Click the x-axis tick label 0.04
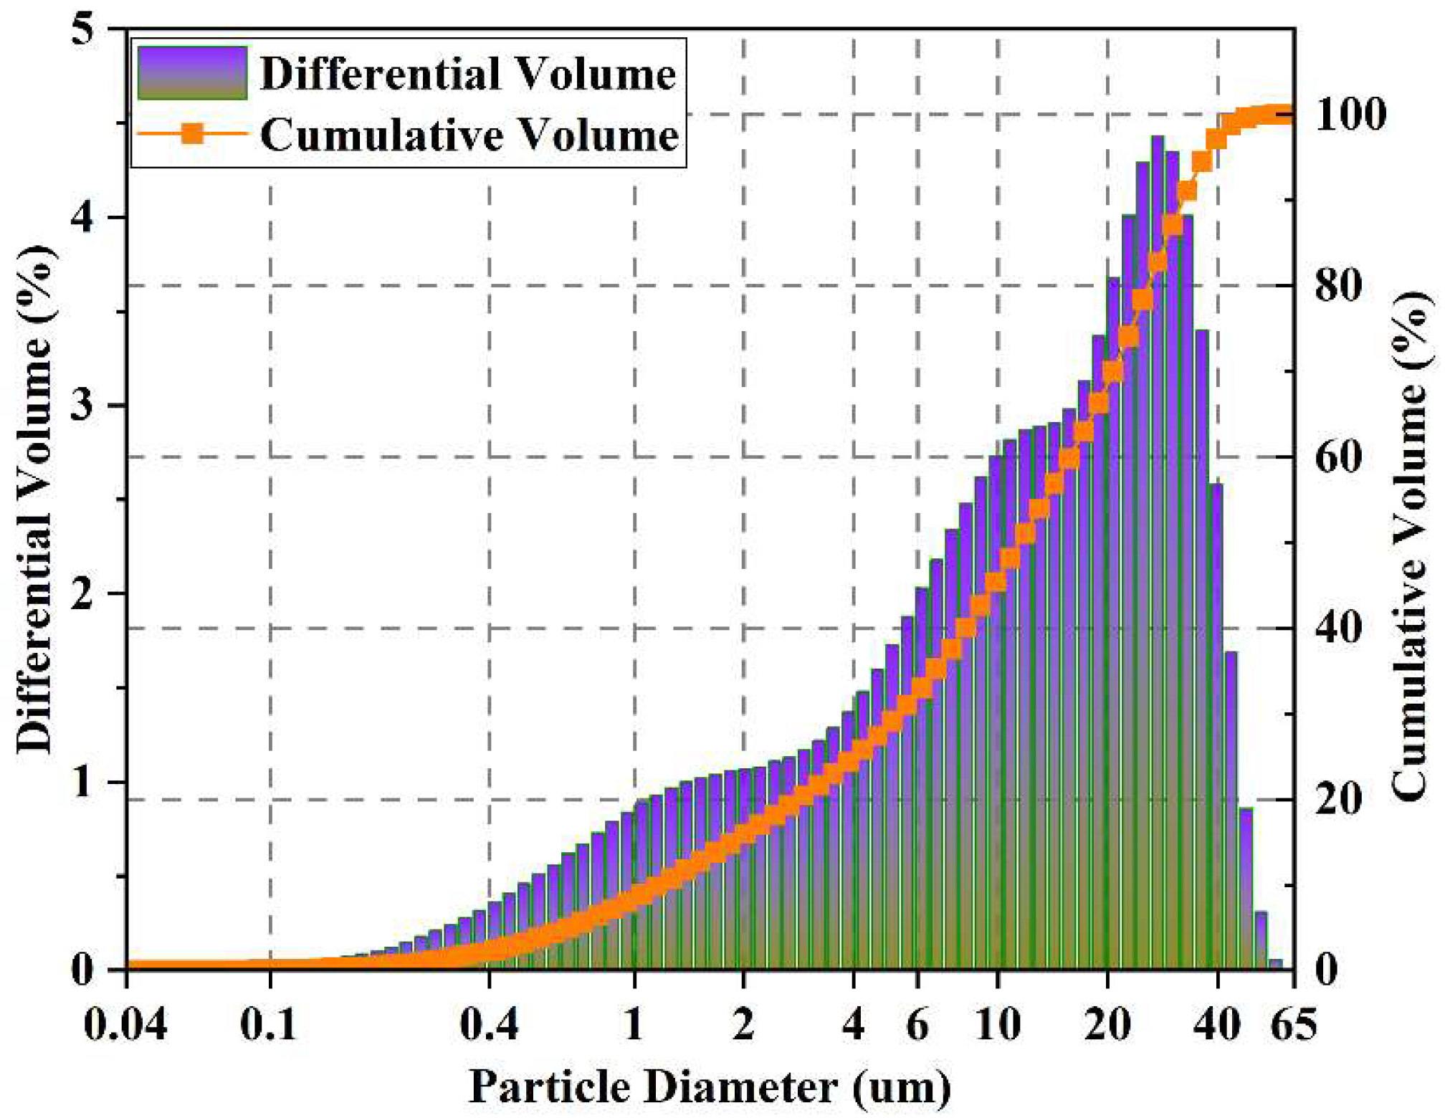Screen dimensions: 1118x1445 tap(125, 1024)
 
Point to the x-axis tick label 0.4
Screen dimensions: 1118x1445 tap(489, 1024)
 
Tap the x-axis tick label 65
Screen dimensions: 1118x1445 tap(1294, 1024)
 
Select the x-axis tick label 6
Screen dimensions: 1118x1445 tap(918, 1024)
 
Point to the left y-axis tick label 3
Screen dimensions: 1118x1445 tap(84, 406)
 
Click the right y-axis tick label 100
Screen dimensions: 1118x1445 tap(1350, 115)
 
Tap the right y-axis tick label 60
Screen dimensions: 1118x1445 tap(1339, 457)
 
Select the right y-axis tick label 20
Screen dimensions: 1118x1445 tap(1339, 799)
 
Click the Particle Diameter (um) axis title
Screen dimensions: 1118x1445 tap(710, 1087)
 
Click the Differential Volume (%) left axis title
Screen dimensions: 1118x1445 tap(36, 499)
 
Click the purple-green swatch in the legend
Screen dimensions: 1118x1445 tap(192, 73)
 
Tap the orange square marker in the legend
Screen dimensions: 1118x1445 tap(192, 133)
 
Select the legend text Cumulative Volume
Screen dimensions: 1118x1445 tap(469, 135)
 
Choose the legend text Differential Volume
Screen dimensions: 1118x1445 tap(467, 74)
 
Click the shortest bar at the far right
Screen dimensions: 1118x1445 tap(1275, 965)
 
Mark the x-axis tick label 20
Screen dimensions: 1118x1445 tap(1107, 1024)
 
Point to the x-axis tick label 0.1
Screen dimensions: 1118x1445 tap(269, 1024)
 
